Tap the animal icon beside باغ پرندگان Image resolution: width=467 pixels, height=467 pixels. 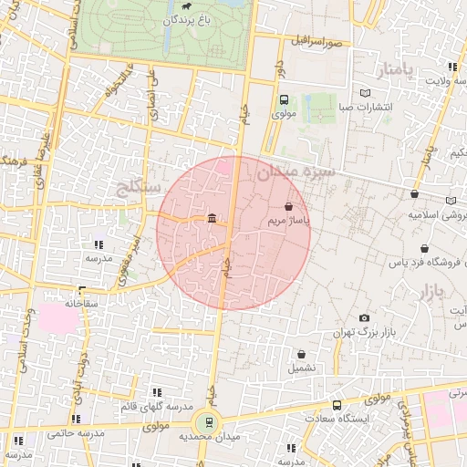pos(186,6)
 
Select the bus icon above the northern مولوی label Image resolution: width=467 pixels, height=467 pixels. pos(283,100)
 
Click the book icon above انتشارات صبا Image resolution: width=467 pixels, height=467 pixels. pos(365,93)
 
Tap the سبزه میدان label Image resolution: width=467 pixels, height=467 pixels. pos(296,171)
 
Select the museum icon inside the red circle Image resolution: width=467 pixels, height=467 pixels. pos(212,218)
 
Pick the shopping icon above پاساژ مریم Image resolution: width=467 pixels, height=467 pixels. pos(289,207)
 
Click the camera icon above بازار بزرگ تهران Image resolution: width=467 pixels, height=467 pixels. pos(364,317)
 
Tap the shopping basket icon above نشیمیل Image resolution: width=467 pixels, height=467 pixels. pos(301,354)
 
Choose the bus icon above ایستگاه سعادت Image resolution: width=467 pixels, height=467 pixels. pos(337,405)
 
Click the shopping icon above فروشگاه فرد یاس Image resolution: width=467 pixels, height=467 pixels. pos(423,249)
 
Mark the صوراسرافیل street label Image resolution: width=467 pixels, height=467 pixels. pos(317,42)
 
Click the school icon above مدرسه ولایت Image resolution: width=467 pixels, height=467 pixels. pos(452,67)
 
